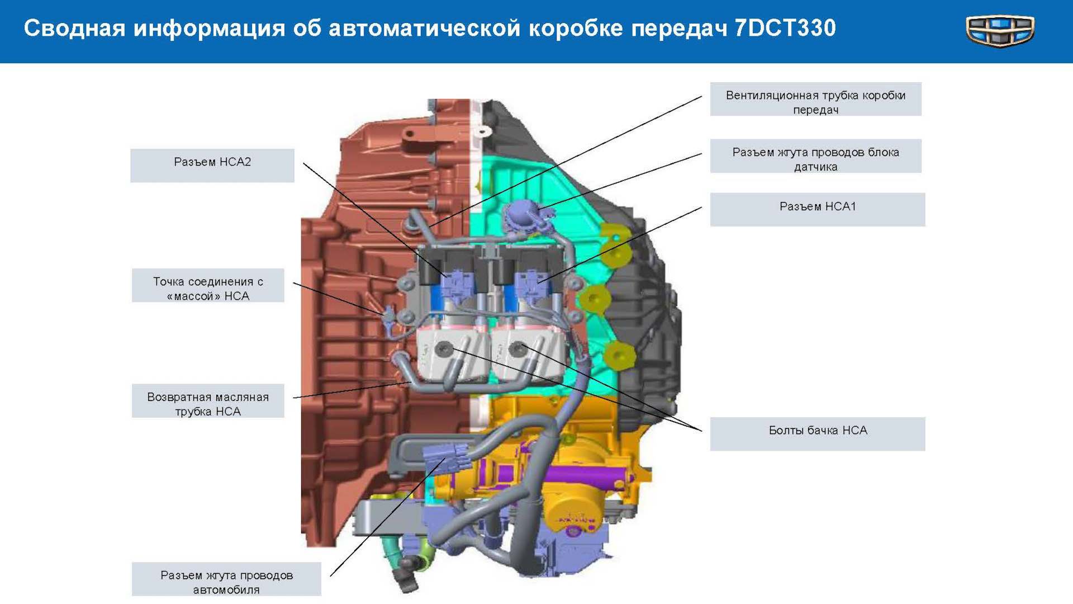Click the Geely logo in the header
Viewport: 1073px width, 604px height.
click(1000, 31)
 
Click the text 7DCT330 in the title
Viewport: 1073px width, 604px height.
click(785, 28)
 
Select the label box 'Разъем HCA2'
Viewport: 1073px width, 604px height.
click(212, 165)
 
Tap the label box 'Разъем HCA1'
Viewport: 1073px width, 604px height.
click(817, 209)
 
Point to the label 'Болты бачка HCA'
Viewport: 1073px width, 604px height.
click(817, 433)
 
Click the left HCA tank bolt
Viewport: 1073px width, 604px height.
click(444, 348)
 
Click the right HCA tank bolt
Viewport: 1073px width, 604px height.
click(518, 348)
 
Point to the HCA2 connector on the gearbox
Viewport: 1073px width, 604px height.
click(455, 282)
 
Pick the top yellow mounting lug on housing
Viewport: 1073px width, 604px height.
click(615, 246)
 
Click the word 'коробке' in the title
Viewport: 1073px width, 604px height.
click(575, 28)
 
